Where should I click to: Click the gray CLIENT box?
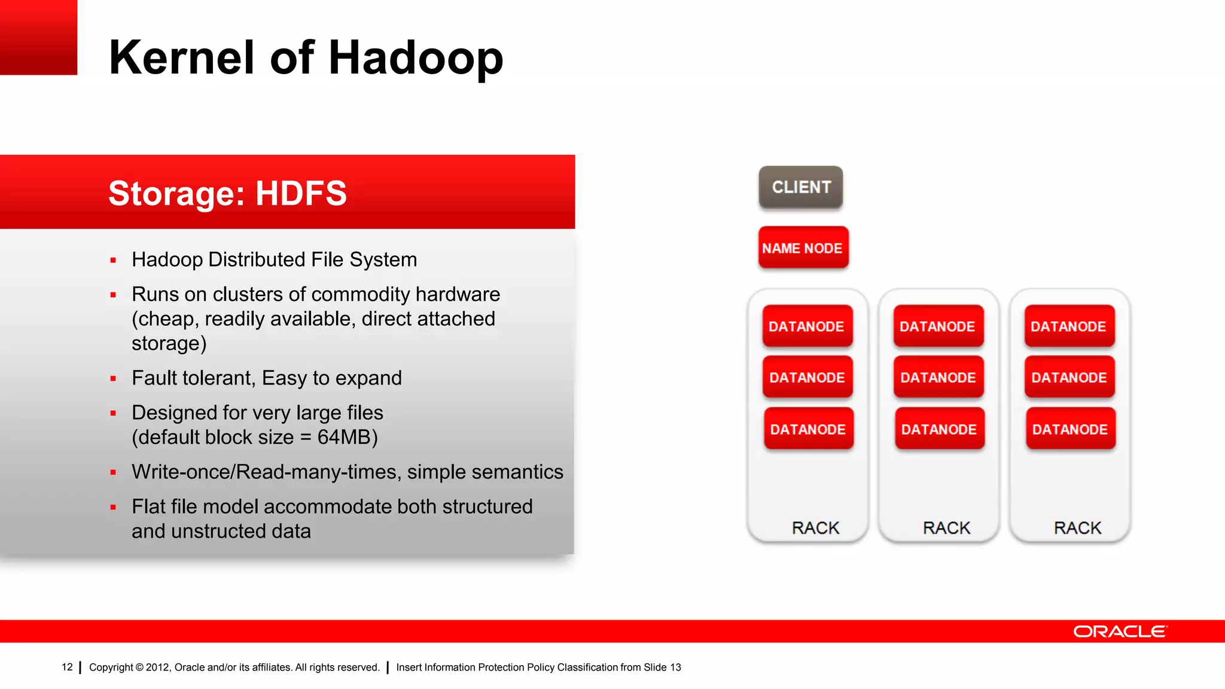point(801,187)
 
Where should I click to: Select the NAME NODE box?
point(803,248)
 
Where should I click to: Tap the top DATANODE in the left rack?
point(807,327)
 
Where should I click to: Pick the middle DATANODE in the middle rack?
point(938,377)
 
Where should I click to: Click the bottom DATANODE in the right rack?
point(1070,429)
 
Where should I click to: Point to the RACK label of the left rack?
point(815,528)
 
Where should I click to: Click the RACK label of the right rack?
point(1077,528)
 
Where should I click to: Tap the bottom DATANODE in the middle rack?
point(939,429)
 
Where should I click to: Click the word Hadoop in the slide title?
point(416,57)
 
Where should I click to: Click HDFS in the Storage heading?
point(301,193)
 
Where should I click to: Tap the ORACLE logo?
point(1120,632)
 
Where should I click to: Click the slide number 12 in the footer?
point(67,667)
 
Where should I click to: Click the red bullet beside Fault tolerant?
point(113,379)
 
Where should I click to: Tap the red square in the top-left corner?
point(38,37)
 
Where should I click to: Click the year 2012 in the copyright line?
point(157,667)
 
